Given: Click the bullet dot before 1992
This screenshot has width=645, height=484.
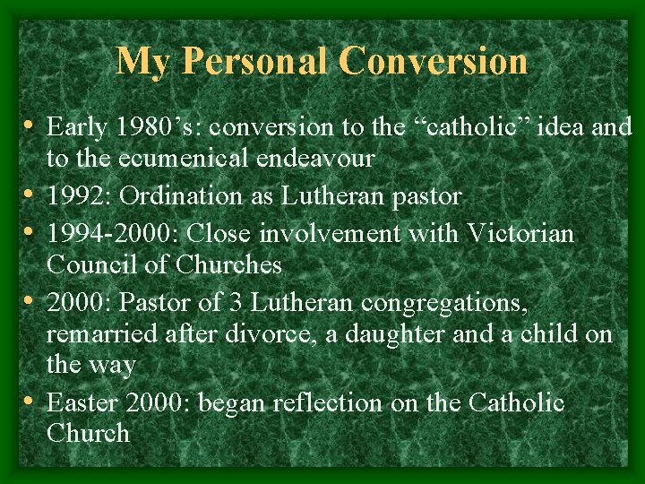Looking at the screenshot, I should point(31,194).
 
